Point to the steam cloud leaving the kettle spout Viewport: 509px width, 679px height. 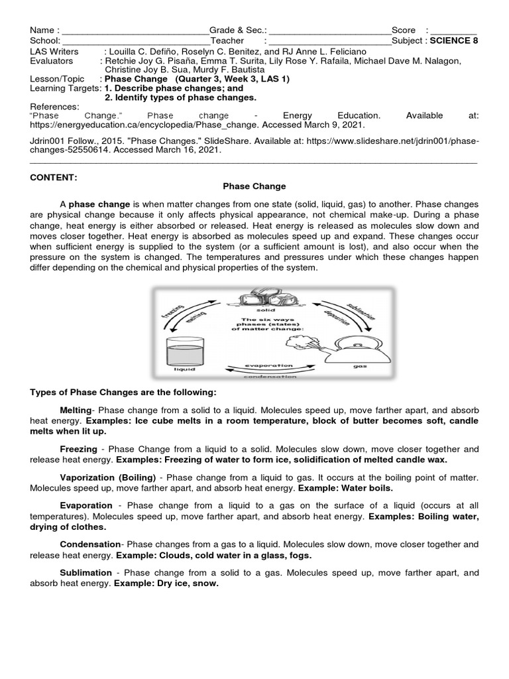click(x=298, y=342)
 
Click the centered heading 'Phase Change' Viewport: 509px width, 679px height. click(x=254, y=186)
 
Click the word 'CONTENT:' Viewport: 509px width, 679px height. click(x=54, y=177)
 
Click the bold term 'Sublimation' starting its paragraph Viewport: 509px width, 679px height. click(x=85, y=572)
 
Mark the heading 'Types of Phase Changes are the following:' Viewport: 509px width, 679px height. click(x=123, y=392)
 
